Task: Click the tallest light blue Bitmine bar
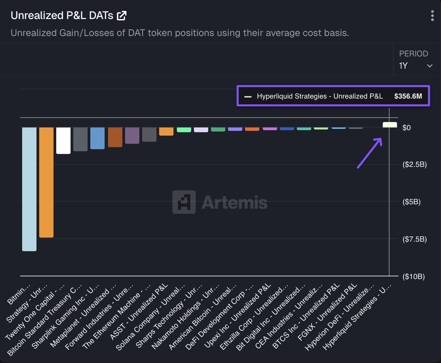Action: point(29,189)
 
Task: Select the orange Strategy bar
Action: point(46,182)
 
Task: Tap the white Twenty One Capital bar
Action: point(63,140)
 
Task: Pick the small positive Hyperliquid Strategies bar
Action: point(390,125)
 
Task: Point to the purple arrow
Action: point(370,153)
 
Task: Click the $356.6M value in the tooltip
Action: point(408,96)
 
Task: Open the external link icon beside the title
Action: point(122,16)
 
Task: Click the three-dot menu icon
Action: point(432,16)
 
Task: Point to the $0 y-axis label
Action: point(406,128)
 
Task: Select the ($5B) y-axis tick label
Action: point(412,202)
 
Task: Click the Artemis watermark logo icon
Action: point(184,202)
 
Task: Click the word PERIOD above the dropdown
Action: point(413,54)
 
